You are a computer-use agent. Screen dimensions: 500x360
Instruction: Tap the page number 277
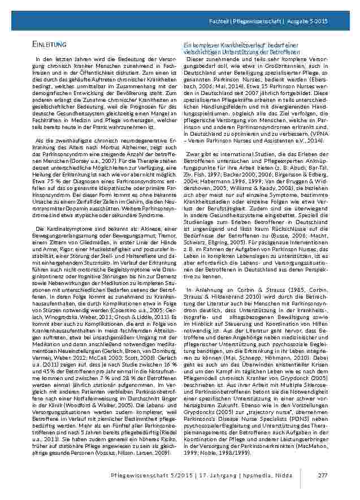pyautogui.click(x=323, y=474)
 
